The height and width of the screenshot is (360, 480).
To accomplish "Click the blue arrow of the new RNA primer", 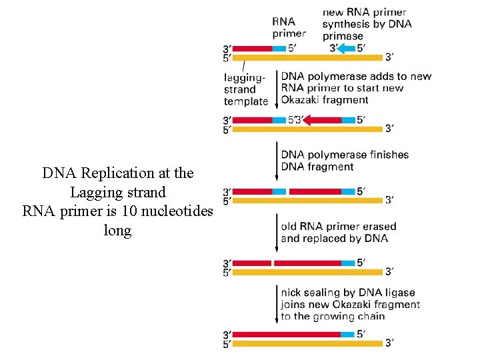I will (x=346, y=48).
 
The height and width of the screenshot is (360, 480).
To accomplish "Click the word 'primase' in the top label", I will (x=344, y=36).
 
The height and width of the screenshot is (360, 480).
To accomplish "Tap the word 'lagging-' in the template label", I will (x=245, y=77).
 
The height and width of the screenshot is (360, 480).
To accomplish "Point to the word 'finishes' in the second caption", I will (x=387, y=155).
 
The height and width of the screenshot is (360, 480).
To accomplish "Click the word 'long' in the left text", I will (x=118, y=231).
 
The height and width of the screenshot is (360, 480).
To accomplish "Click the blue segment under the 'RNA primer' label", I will (x=279, y=48).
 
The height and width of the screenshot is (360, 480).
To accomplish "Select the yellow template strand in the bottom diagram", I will (x=307, y=344).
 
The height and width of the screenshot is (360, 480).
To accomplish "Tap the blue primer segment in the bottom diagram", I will (x=347, y=334).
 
